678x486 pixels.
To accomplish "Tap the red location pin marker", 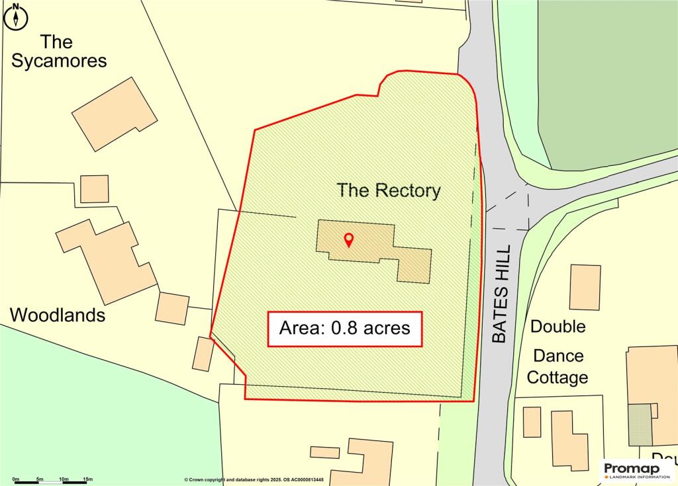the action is point(348,240).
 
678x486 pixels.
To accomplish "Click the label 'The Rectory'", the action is point(388,190).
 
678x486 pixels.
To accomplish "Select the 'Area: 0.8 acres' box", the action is point(344,329).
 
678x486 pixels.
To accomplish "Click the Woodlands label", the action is point(58,315).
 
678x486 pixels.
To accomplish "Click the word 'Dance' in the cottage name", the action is point(558,356).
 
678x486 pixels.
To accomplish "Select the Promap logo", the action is point(636,470).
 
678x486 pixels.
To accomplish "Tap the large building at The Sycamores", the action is point(115,114).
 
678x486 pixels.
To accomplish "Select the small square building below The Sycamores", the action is point(94,189).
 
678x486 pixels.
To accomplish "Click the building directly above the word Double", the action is point(585,288).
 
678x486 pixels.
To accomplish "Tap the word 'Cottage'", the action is point(560,378).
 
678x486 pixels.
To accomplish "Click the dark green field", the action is point(609,79).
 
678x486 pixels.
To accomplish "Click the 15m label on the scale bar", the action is point(87,478).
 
